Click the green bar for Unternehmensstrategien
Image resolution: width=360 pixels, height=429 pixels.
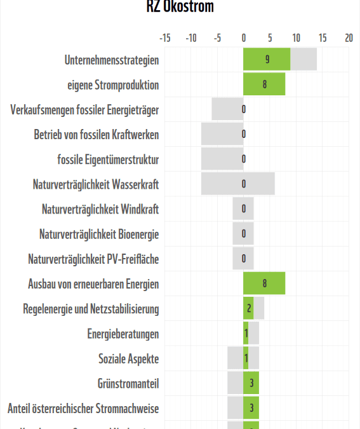click(267, 60)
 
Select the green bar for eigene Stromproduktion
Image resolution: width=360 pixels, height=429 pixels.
click(264, 85)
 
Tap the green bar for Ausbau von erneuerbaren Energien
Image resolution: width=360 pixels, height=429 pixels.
click(264, 284)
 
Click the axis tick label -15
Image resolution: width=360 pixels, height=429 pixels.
click(164, 38)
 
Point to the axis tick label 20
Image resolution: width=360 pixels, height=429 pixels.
click(349, 38)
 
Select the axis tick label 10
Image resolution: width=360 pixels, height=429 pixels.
click(296, 38)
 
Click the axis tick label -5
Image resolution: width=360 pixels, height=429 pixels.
click(217, 38)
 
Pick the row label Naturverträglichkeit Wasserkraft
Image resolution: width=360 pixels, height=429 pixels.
click(96, 184)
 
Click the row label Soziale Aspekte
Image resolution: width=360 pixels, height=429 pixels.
click(129, 358)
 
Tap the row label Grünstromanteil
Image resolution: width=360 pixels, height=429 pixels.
click(128, 383)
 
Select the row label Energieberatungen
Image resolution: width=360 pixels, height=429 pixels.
click(123, 334)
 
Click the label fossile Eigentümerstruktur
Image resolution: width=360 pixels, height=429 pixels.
click(108, 160)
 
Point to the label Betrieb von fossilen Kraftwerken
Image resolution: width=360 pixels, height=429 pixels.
click(97, 135)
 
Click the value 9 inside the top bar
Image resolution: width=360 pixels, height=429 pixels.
click(267, 60)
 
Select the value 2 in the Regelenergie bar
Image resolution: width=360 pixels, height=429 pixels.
click(250, 309)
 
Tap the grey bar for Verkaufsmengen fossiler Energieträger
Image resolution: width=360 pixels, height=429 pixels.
click(227, 109)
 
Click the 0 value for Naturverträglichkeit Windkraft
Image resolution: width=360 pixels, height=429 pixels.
click(244, 209)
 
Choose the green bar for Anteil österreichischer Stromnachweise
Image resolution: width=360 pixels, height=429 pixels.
click(251, 408)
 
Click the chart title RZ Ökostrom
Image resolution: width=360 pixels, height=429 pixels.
click(180, 7)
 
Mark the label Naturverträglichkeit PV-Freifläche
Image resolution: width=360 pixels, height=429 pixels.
click(93, 259)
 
